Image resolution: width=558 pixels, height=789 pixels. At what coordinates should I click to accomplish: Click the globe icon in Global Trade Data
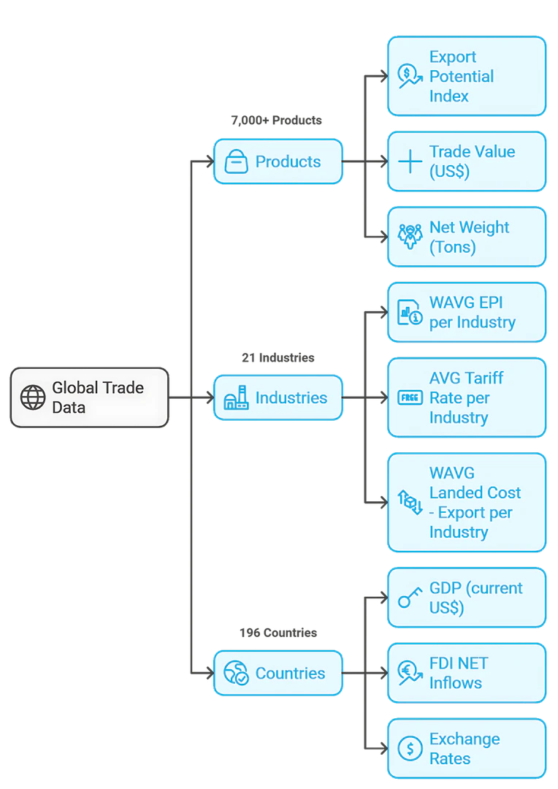point(33,397)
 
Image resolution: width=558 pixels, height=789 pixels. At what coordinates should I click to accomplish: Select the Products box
point(278,161)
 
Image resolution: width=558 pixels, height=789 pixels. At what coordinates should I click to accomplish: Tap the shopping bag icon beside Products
point(236,161)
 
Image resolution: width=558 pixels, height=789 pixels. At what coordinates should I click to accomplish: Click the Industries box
point(278,398)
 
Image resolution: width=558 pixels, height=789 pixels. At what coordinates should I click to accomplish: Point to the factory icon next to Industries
point(236,398)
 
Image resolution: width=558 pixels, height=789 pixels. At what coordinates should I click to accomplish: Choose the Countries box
point(278,673)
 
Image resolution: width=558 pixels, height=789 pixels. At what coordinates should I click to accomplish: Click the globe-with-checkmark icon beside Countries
point(236,673)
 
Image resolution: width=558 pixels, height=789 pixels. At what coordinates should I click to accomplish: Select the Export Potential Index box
point(467,76)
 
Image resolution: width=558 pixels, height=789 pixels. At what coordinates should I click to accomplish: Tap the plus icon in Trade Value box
point(410,161)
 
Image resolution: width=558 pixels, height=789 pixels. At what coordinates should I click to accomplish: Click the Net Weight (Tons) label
point(469,237)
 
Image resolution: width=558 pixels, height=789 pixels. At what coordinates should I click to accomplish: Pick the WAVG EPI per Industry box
point(467,313)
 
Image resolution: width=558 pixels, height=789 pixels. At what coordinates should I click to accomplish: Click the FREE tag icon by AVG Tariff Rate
point(410,397)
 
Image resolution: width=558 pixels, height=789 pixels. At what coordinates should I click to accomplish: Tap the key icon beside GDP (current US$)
point(409,598)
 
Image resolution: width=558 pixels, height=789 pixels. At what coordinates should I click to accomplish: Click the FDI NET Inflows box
point(467,673)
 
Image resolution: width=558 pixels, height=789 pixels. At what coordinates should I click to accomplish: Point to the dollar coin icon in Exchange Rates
point(410,749)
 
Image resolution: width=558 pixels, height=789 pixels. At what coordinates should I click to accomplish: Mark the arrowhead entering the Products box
point(207,161)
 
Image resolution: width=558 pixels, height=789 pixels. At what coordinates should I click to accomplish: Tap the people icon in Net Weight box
point(410,237)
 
